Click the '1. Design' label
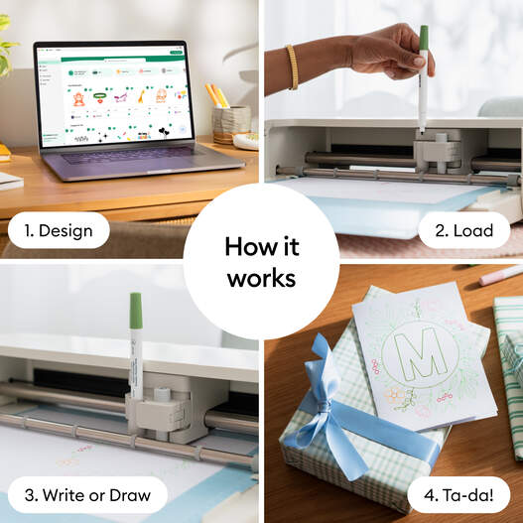click(59, 231)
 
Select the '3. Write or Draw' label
click(88, 494)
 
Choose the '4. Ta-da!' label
click(453, 494)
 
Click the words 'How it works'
click(261, 261)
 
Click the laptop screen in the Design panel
click(111, 95)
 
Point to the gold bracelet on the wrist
click(292, 65)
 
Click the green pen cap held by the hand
click(424, 38)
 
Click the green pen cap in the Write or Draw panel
click(136, 311)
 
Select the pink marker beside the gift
click(500, 275)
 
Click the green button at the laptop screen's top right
click(177, 51)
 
